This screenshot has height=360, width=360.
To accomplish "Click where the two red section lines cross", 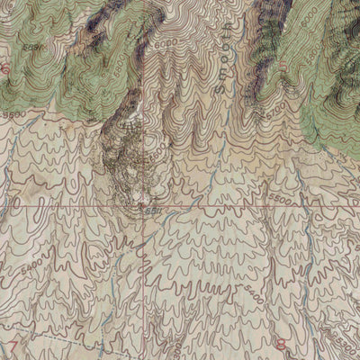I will click(141, 206).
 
